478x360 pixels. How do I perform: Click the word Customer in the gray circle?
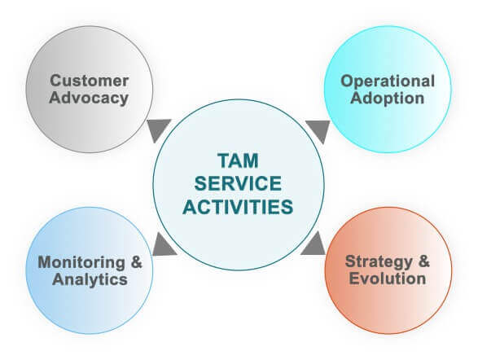point(89,81)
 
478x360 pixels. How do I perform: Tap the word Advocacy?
point(89,99)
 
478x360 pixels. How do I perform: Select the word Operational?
point(388,81)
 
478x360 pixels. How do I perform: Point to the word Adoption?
point(387,99)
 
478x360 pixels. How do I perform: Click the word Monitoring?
point(81,263)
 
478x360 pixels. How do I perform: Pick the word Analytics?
point(90,280)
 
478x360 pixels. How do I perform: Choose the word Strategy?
point(379,262)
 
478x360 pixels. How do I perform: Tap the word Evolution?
point(387,279)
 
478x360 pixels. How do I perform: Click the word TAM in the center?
point(238,160)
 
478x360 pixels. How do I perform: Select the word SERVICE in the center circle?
point(238,183)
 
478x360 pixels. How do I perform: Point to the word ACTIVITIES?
point(238,207)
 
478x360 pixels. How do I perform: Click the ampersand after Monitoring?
point(137,262)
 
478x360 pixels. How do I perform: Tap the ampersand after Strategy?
point(423,261)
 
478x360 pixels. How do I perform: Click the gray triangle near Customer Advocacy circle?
point(158,129)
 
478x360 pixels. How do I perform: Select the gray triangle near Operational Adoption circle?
point(319,130)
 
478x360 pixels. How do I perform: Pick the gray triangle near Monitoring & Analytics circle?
point(163,246)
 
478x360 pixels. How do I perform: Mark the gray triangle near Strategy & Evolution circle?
point(315,245)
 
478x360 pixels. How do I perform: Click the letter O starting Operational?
point(347,81)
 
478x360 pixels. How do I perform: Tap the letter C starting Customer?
point(56,81)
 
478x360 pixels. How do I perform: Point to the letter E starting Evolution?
point(354,279)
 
